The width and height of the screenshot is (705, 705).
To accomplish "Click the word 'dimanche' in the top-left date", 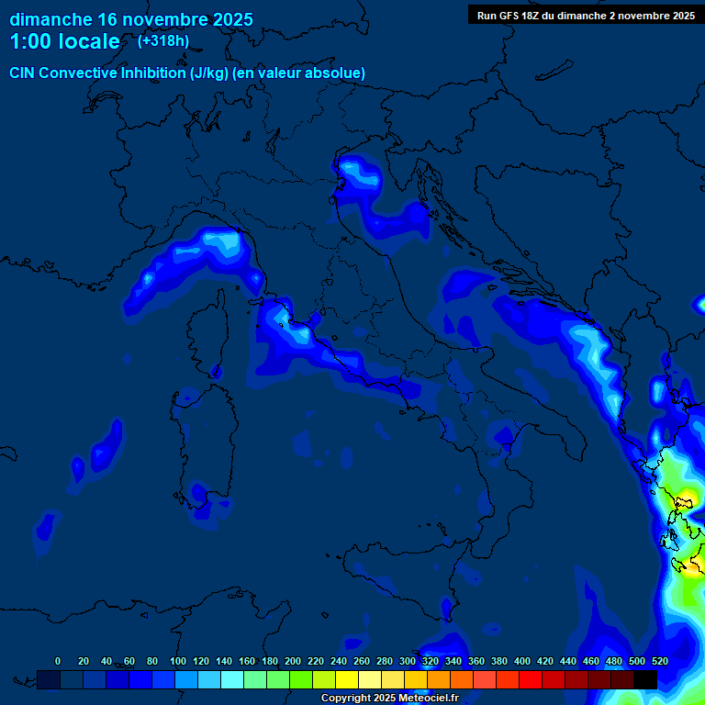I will [x=50, y=19].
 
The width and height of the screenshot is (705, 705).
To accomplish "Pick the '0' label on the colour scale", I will [x=58, y=661].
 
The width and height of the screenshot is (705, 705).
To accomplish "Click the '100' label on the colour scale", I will [x=178, y=661].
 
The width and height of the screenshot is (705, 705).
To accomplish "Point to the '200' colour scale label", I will [x=293, y=661].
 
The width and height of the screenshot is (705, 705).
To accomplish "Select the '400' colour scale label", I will [x=522, y=661].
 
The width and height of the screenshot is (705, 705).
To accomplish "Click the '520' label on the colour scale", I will [x=659, y=661].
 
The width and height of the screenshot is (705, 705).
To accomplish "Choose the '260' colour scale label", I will [x=362, y=661].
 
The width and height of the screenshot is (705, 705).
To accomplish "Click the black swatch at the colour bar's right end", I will [x=644, y=679].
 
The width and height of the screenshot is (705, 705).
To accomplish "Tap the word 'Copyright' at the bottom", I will [x=347, y=699].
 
